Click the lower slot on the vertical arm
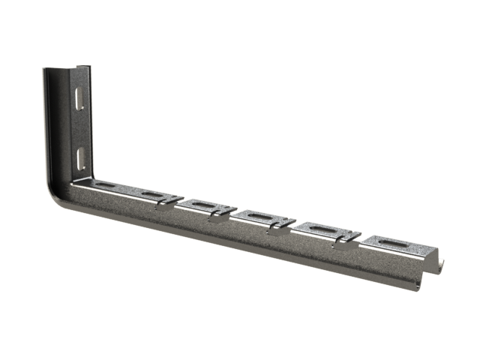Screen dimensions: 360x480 point(79,155)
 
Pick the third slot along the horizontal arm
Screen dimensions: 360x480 point(202,204)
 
